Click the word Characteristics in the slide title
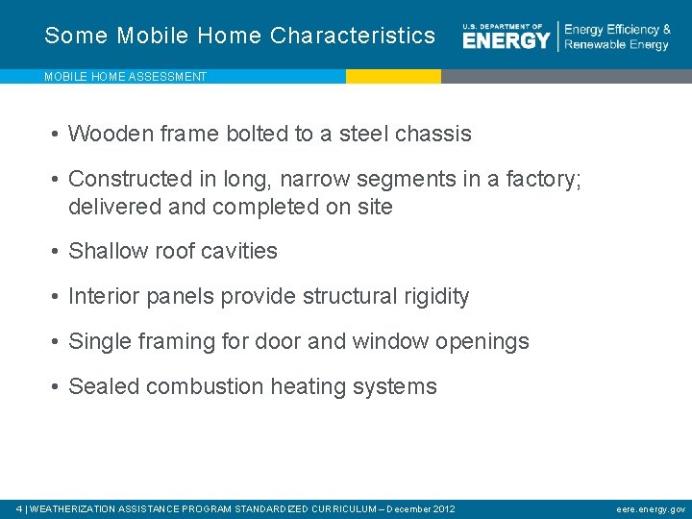(353, 36)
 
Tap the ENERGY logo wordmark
(506, 39)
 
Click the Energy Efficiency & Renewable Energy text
(617, 37)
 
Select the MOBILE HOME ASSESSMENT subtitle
(125, 77)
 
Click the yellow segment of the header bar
(393, 76)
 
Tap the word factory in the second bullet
(540, 179)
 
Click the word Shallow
(108, 251)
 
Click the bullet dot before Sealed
(57, 387)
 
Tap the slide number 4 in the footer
(20, 508)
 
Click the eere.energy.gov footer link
(651, 508)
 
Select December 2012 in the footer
(421, 508)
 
